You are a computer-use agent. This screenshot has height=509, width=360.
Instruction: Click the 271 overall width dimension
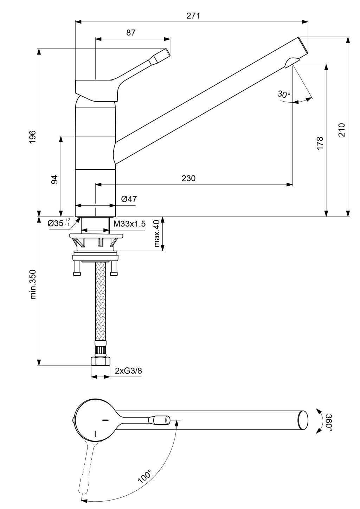click(193, 16)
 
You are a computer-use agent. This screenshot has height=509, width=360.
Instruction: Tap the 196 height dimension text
click(33, 137)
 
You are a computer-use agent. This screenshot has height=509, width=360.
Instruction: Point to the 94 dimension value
click(54, 180)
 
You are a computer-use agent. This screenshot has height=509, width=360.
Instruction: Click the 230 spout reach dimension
click(188, 178)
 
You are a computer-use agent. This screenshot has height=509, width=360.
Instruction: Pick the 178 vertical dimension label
click(320, 143)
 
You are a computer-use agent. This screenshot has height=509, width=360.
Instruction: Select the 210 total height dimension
click(342, 130)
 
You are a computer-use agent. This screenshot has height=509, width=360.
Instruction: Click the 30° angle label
click(284, 94)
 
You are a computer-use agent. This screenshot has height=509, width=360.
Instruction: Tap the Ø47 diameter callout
click(129, 199)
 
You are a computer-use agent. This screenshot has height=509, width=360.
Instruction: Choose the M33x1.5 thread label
click(129, 224)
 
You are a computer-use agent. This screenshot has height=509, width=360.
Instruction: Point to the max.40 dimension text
click(157, 234)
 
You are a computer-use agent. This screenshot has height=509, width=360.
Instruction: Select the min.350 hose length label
click(33, 284)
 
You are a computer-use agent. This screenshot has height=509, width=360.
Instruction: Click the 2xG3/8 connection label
click(128, 371)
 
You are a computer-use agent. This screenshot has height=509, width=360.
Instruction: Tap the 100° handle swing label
click(144, 475)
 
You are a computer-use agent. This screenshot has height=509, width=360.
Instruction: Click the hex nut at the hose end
click(101, 361)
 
